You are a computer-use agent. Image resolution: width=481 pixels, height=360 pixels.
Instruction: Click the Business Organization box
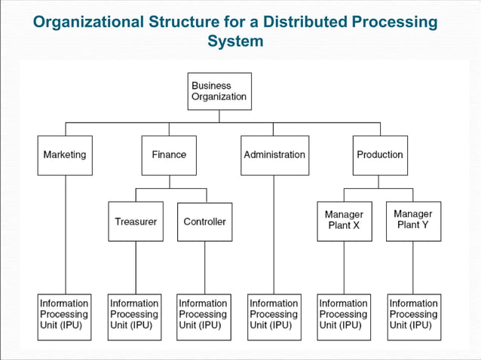pyautogui.click(x=219, y=91)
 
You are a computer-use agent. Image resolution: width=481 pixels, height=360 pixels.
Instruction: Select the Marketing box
pyautogui.click(x=65, y=155)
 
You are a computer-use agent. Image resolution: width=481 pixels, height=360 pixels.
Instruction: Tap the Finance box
pyautogui.click(x=169, y=155)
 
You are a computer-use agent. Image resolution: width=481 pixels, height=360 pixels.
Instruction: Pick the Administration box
pyautogui.click(x=274, y=155)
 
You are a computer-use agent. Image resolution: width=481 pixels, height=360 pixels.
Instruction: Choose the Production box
pyautogui.click(x=380, y=155)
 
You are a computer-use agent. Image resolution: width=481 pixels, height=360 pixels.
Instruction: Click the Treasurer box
pyautogui.click(x=136, y=221)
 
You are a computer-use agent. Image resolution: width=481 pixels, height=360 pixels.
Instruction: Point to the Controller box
pyautogui.click(x=204, y=221)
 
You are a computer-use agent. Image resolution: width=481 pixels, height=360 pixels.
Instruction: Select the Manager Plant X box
pyautogui.click(x=344, y=221)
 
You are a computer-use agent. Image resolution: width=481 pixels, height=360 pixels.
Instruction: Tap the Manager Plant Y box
pyautogui.click(x=413, y=221)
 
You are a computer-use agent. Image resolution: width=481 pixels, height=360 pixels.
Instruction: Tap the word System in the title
pyautogui.click(x=235, y=41)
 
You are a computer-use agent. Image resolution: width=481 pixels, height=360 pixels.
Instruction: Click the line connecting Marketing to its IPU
pyautogui.click(x=65, y=233)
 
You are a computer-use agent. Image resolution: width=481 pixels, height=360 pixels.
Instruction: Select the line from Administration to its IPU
pyautogui.click(x=274, y=233)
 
